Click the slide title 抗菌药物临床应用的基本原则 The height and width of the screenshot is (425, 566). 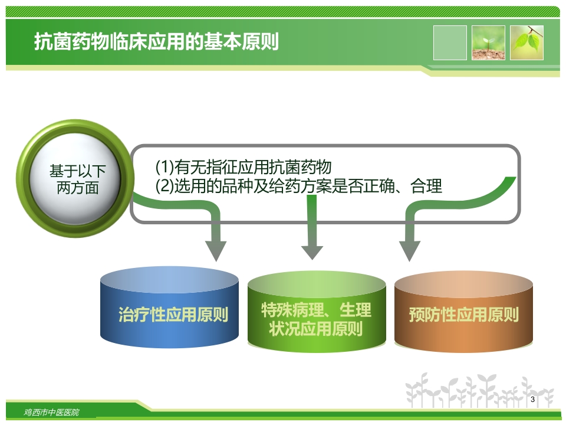pyautogui.click(x=156, y=42)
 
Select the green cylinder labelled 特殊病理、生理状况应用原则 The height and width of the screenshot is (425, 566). pyautogui.click(x=316, y=319)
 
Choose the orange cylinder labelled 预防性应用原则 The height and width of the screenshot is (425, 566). pyautogui.click(x=463, y=314)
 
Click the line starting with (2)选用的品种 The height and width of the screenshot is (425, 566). pyautogui.click(x=298, y=187)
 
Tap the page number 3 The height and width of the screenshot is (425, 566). pyautogui.click(x=533, y=400)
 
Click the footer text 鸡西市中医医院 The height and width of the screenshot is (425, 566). pyautogui.click(x=52, y=412)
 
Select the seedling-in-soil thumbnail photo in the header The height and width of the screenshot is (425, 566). pyautogui.click(x=488, y=42)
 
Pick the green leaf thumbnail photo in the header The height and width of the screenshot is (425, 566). pyautogui.click(x=526, y=42)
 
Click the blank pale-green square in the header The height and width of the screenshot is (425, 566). pyautogui.click(x=450, y=42)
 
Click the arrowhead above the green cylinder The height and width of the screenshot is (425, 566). pyautogui.click(x=312, y=251)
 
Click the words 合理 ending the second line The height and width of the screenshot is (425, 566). pyautogui.click(x=426, y=187)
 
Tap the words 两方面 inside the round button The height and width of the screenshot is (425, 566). pyautogui.click(x=78, y=188)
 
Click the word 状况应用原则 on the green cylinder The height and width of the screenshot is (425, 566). pyautogui.click(x=316, y=329)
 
